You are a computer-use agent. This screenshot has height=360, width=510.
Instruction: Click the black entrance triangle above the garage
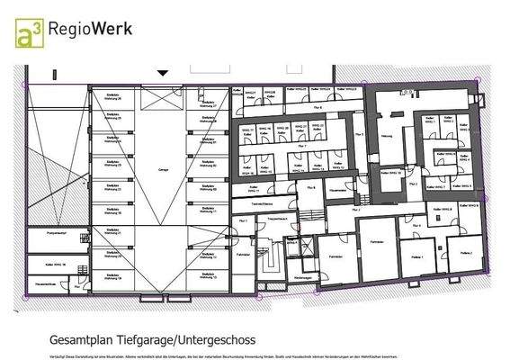click(163, 72)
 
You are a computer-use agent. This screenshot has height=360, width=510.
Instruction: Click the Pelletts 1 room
click(417, 256)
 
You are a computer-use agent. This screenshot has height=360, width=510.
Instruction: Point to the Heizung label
click(387, 137)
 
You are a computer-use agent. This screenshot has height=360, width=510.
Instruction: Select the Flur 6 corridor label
click(304, 109)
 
